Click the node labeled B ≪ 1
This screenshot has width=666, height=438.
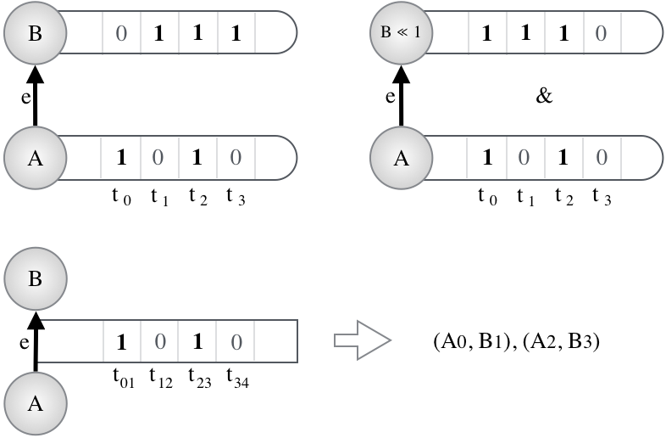[401, 33]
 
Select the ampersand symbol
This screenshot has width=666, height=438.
[544, 96]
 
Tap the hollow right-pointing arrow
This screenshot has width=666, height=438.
[363, 340]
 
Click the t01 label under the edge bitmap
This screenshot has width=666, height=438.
[124, 378]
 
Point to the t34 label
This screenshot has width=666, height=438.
[238, 378]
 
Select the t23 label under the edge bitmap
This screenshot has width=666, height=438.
[200, 378]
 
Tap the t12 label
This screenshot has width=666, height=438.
[161, 378]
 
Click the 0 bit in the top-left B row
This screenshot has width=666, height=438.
[121, 33]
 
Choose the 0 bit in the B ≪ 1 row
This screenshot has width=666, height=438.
[601, 33]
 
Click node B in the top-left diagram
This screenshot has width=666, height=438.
[36, 33]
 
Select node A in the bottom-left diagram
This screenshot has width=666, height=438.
[36, 403]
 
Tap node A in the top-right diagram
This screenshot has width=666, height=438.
[401, 158]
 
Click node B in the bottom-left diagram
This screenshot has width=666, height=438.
[36, 278]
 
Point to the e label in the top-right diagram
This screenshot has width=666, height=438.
[391, 97]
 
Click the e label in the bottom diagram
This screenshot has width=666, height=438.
[25, 343]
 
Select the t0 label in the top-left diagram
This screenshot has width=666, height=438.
[121, 196]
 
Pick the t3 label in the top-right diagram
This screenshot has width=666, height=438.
[602, 196]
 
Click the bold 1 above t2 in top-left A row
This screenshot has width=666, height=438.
[197, 158]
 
